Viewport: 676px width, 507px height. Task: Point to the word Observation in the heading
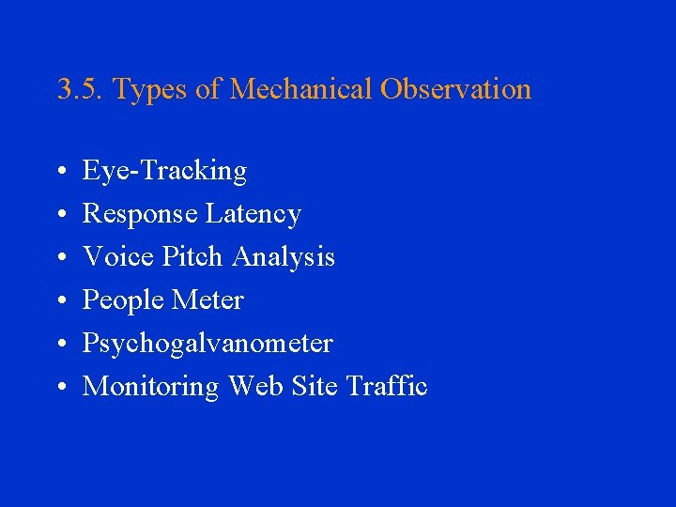tap(455, 89)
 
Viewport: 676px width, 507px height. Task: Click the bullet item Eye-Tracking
tap(164, 171)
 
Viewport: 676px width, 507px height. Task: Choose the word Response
tap(141, 214)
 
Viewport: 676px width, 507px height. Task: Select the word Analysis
tap(284, 256)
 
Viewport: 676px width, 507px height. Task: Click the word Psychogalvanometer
tap(207, 344)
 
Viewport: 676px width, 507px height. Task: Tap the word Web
tap(252, 386)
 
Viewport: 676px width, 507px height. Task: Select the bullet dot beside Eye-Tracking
tap(59, 172)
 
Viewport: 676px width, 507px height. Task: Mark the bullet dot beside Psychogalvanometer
tap(59, 345)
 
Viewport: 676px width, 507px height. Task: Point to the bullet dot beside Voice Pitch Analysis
tap(59, 258)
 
